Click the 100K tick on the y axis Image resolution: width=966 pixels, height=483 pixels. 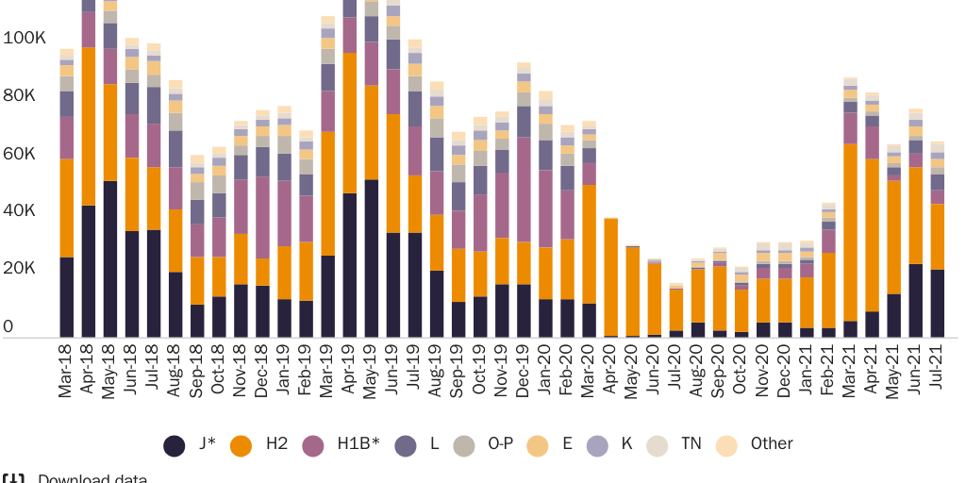(x=25, y=39)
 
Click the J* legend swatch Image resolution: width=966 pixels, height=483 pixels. (x=175, y=444)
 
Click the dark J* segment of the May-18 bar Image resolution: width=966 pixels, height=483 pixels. (x=110, y=258)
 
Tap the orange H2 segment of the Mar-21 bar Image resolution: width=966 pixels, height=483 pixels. (x=850, y=232)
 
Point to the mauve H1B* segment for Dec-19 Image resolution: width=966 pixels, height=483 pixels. (x=524, y=190)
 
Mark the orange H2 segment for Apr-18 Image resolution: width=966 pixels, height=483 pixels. (x=89, y=126)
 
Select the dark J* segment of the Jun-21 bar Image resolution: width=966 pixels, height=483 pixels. (x=915, y=300)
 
